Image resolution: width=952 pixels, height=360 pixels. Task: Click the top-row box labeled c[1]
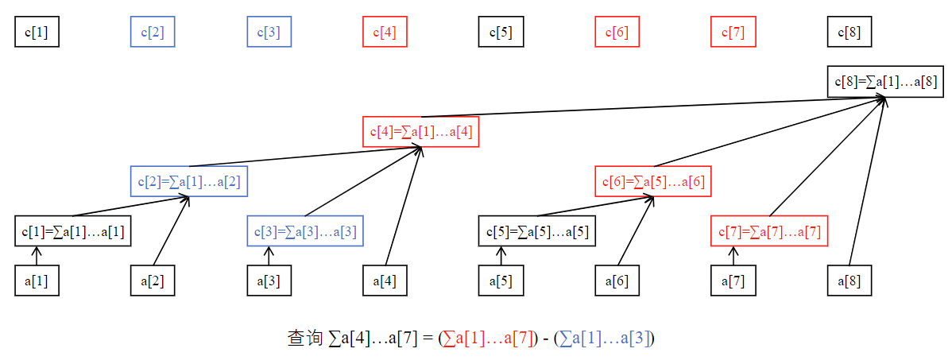coord(37,33)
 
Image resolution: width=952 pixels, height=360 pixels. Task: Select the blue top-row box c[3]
coord(269,33)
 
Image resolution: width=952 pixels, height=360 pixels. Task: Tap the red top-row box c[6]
coord(617,33)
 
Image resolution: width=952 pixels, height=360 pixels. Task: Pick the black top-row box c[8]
coord(849,33)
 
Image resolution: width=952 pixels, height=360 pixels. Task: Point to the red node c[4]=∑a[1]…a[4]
coord(421,131)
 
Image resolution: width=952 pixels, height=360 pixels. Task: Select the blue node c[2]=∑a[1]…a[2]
coord(189,181)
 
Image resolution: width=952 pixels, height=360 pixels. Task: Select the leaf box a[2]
coord(153,281)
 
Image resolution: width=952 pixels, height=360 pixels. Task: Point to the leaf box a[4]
coord(385,281)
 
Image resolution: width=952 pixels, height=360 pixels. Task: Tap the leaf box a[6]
coord(617,281)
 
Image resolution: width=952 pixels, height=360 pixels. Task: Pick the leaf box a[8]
coord(849,281)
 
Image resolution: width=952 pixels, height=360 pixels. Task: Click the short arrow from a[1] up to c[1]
coord(37,256)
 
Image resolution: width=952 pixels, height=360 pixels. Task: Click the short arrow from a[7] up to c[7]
coord(733,256)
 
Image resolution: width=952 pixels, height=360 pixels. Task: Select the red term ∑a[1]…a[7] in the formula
coord(489,339)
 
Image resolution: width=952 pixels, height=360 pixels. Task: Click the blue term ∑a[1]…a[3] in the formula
coord(606,339)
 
